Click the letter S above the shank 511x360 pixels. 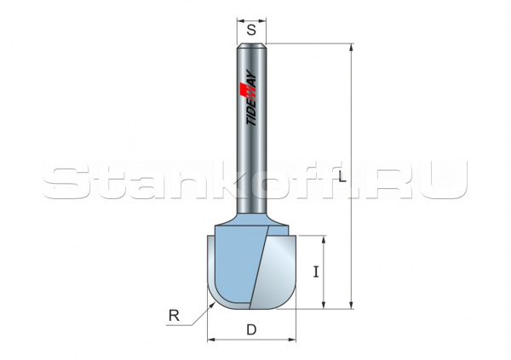click(x=251, y=29)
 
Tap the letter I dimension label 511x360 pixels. click(x=316, y=272)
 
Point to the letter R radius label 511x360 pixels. click(x=175, y=317)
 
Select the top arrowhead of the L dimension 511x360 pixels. click(x=351, y=48)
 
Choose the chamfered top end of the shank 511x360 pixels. click(x=251, y=45)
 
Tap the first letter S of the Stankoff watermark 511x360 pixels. click(x=65, y=181)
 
